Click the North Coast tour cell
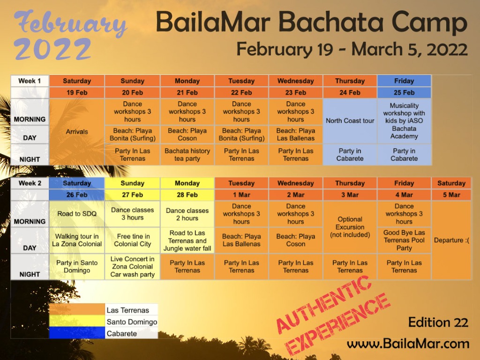click(350, 121)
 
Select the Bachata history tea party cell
click(187, 155)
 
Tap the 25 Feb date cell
click(404, 92)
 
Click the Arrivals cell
click(77, 132)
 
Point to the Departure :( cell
click(451, 240)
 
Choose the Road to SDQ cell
click(77, 214)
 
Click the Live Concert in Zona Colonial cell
click(132, 267)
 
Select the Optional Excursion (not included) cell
click(350, 227)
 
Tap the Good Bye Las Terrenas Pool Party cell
click(404, 240)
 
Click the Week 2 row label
click(30, 183)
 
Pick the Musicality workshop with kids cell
click(404, 121)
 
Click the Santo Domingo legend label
click(132, 322)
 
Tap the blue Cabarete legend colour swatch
click(77, 333)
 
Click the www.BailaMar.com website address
click(408, 344)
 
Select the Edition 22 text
click(438, 322)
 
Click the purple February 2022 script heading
click(70, 35)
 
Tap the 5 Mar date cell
click(451, 195)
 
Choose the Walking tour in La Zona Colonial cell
click(77, 240)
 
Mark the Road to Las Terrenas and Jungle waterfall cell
click(187, 240)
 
